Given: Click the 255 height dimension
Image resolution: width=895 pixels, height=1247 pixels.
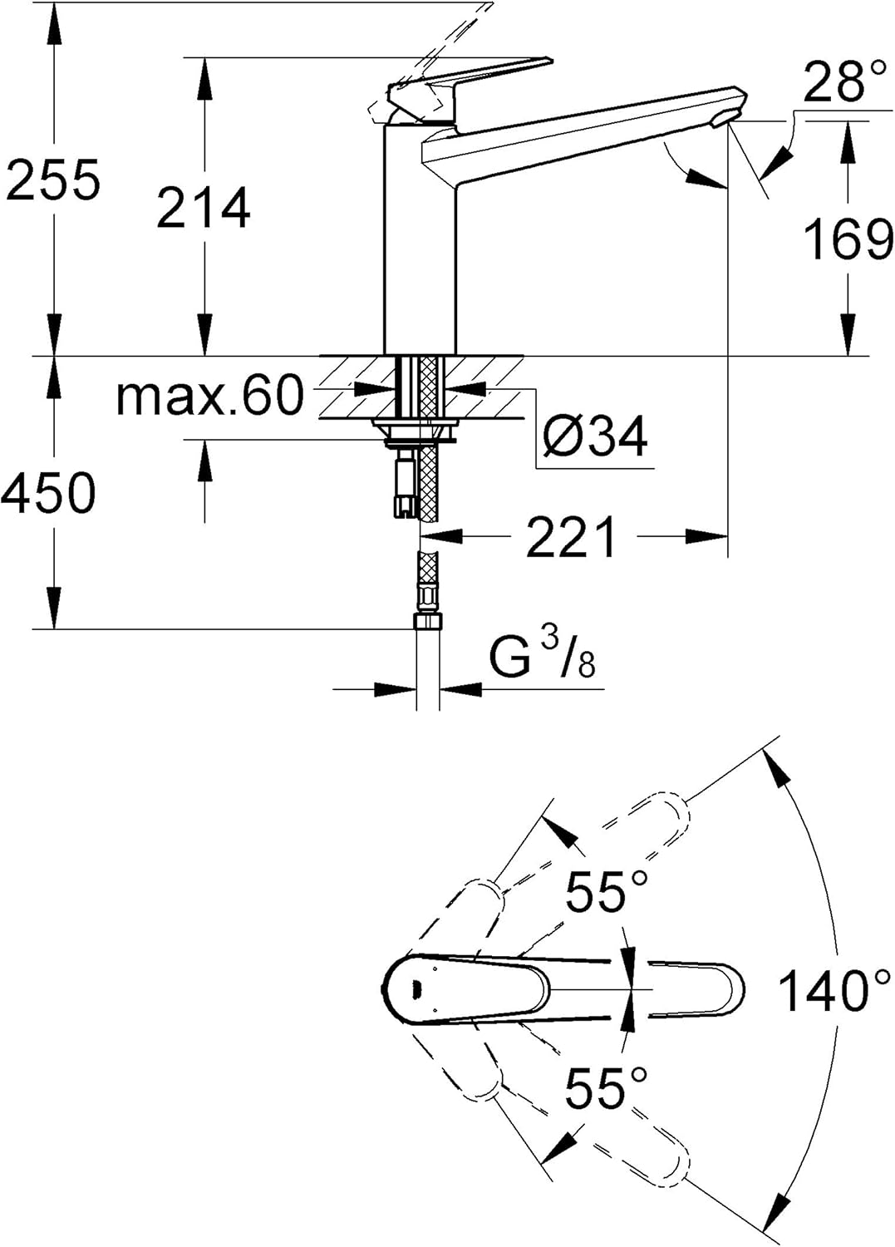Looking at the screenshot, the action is pyautogui.click(x=54, y=180).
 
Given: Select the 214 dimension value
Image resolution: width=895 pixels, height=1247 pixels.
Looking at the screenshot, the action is pyautogui.click(x=203, y=208).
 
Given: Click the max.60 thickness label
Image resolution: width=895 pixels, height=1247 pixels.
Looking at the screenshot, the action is pyautogui.click(x=209, y=396).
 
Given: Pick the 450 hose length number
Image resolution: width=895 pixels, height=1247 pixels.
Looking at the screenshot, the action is pyautogui.click(x=49, y=492).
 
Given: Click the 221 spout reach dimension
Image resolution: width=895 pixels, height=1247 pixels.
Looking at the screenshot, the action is pyautogui.click(x=572, y=537).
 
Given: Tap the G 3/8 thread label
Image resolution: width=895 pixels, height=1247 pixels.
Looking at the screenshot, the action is pyautogui.click(x=542, y=656).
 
